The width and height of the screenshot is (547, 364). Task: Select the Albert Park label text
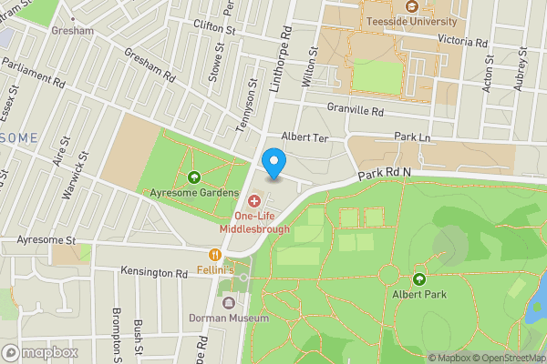click(x=419, y=296)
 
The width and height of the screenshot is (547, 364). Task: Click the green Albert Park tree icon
click(x=419, y=279)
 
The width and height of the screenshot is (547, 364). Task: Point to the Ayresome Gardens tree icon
click(x=193, y=177)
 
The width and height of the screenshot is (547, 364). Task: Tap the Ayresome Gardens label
click(x=193, y=193)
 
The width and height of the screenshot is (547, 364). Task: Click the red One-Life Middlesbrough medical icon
click(x=253, y=199)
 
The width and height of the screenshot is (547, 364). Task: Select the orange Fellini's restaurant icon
click(x=215, y=255)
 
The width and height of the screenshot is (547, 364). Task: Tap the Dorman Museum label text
click(x=228, y=318)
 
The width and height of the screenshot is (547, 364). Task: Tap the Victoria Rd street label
click(x=468, y=40)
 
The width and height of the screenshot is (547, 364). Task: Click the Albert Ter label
click(x=303, y=136)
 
